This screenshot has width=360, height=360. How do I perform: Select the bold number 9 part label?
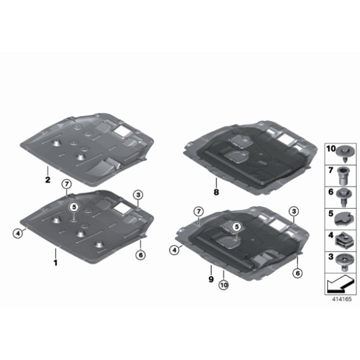211,279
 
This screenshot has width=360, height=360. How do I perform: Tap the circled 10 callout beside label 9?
223,286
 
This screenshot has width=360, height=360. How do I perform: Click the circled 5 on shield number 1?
73,208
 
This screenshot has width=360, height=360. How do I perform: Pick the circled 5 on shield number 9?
236,228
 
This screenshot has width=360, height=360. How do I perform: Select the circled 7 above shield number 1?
65,184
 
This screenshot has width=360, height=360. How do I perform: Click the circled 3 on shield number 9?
292,212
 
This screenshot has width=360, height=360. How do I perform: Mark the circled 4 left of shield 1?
18,233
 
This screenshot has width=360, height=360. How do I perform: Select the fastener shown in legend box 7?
343,174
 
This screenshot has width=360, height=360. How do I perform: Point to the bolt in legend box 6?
343,196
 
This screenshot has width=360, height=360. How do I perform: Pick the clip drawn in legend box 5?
343,217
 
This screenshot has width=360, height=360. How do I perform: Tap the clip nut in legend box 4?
343,238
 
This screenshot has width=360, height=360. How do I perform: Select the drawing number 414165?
341,299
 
